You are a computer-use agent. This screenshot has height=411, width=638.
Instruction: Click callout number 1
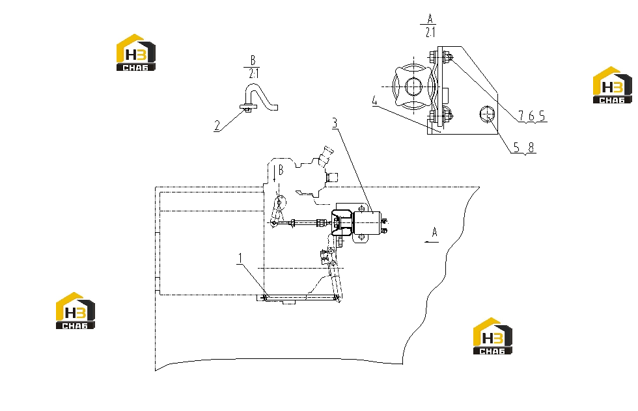point(240,258)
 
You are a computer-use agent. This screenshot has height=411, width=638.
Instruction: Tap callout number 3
point(335,123)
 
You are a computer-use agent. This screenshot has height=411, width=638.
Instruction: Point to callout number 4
point(375,101)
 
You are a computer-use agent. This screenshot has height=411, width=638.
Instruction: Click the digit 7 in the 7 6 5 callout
point(521,116)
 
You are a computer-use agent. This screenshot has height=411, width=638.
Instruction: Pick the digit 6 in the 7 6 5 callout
point(531,116)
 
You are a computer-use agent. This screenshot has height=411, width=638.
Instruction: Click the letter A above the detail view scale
point(430,19)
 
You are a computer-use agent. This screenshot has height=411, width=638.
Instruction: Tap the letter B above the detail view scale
point(253,60)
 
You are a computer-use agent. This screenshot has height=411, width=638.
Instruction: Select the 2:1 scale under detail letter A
point(430,32)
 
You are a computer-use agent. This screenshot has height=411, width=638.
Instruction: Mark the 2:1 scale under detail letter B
point(253,73)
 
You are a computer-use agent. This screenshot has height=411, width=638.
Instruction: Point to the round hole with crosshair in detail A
point(487,114)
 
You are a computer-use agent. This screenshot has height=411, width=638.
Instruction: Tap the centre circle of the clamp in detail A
point(414,86)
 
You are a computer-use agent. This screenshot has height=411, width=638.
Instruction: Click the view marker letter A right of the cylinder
point(435,233)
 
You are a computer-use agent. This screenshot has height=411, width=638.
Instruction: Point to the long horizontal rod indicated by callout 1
point(301,298)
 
